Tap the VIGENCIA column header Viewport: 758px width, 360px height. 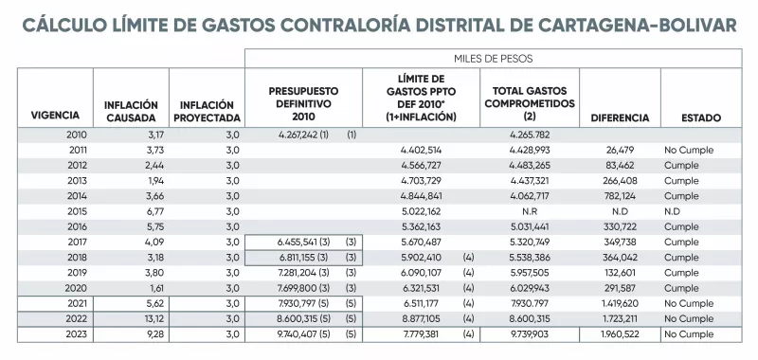click(55, 118)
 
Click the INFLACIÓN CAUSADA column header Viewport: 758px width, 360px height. click(131, 112)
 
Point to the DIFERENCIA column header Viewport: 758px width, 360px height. click(620, 118)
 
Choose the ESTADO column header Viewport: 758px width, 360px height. click(700, 118)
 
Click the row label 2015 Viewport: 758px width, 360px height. click(77, 210)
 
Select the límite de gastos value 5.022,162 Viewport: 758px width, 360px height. click(422, 210)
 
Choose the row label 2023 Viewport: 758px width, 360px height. click(77, 334)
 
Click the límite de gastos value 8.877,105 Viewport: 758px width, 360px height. click(422, 319)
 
